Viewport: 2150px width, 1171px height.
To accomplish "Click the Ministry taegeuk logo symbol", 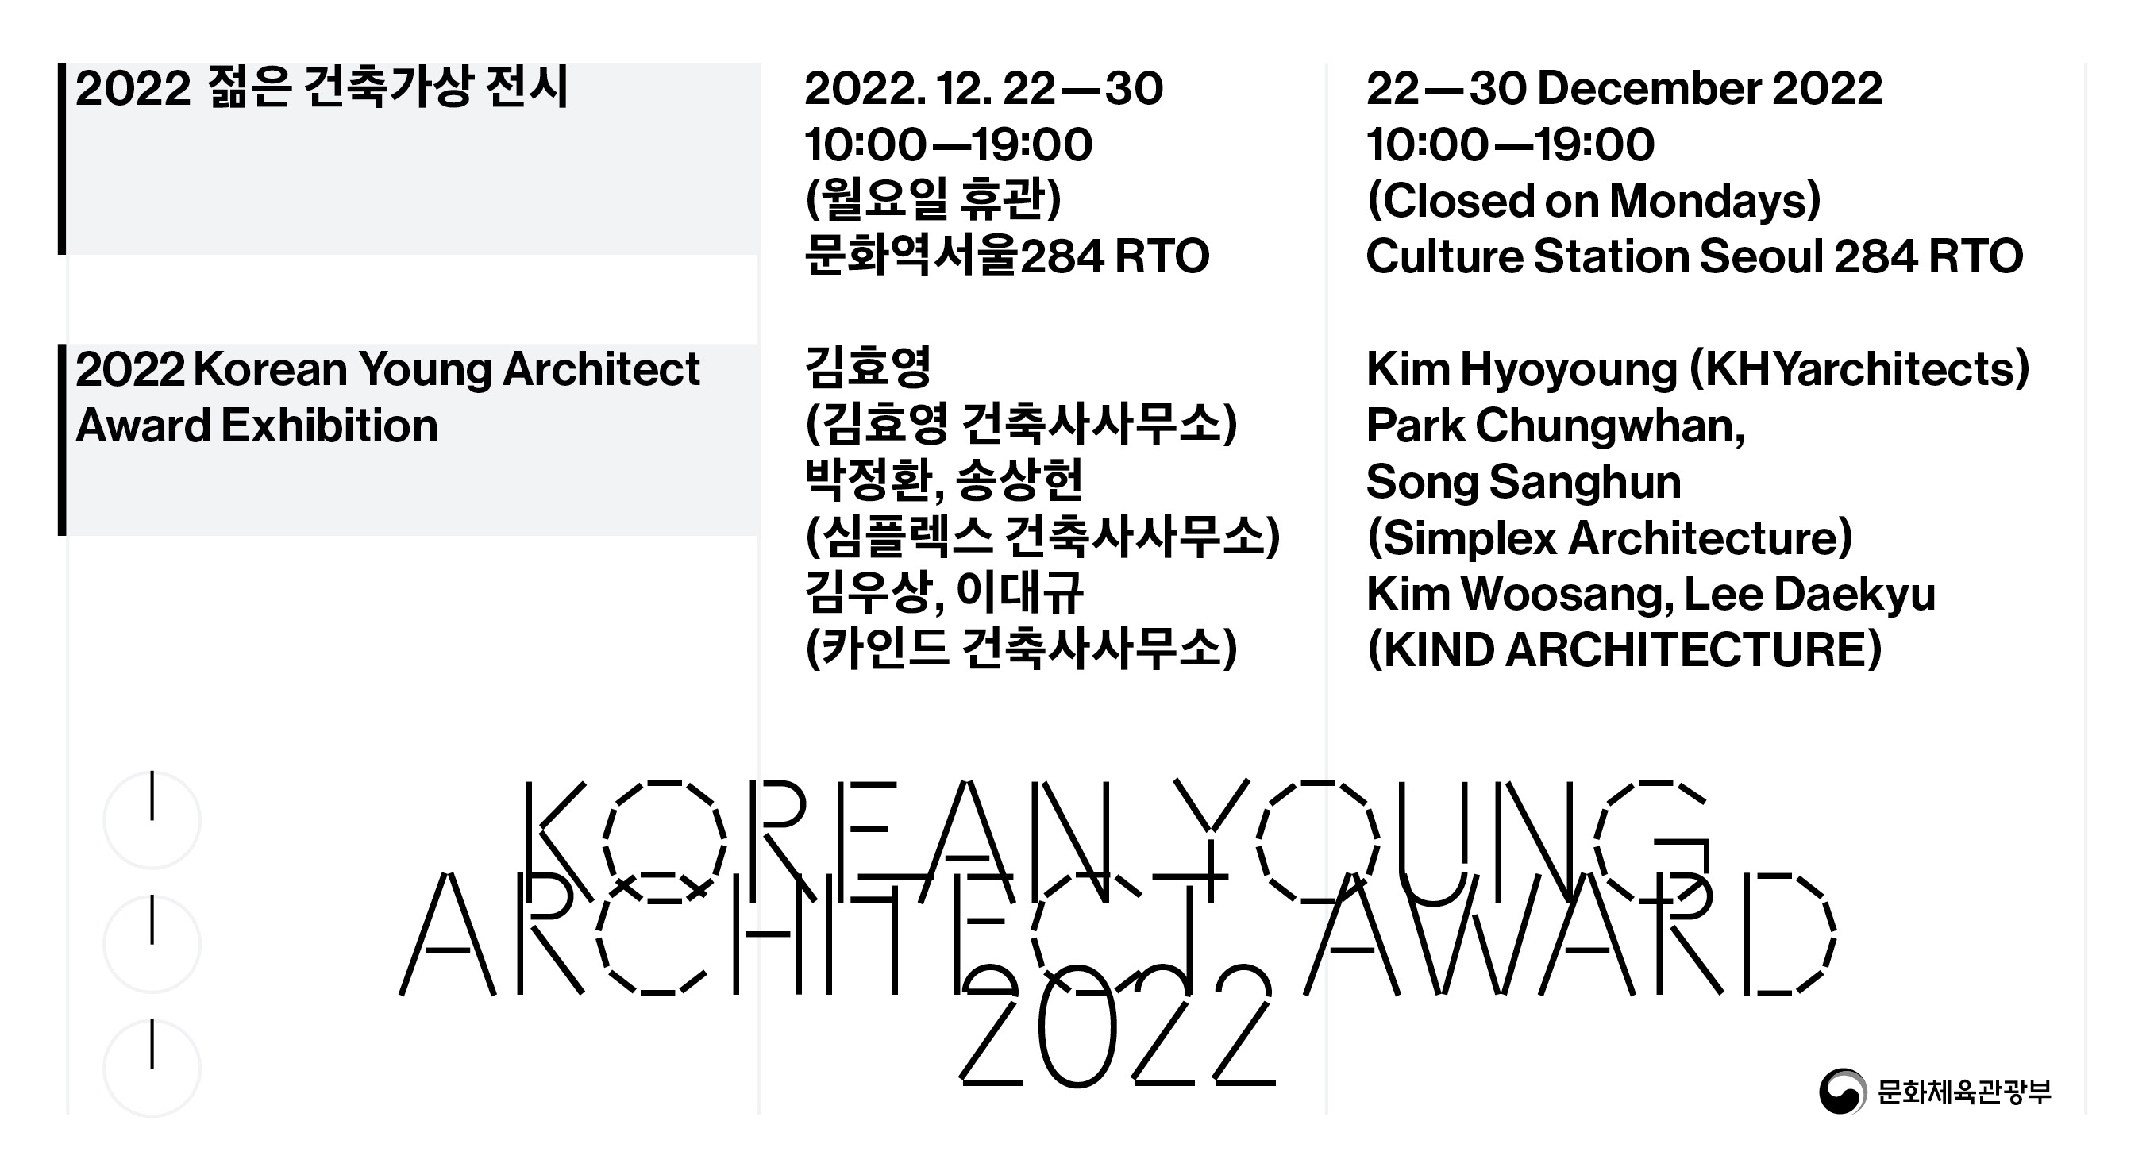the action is tap(1842, 1091).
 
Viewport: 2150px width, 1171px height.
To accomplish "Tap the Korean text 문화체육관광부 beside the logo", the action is tap(1964, 1092).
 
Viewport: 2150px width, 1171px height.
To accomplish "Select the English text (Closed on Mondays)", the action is tap(1593, 201).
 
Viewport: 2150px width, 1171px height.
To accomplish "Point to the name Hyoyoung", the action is tap(1568, 371).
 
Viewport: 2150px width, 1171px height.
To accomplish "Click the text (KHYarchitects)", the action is tap(1859, 370).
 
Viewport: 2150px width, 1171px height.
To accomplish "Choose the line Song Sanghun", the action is tap(1524, 482).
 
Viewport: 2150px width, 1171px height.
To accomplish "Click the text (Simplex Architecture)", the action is tap(1609, 538).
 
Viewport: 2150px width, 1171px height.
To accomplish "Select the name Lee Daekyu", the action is tap(1809, 595).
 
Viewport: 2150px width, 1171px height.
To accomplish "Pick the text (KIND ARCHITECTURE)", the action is tap(1624, 650).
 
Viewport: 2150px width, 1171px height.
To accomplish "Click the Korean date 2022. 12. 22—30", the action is tap(983, 88).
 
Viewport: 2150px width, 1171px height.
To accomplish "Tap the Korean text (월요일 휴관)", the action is tap(933, 200).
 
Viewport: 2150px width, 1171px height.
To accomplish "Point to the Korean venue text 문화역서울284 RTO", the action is tap(1007, 256).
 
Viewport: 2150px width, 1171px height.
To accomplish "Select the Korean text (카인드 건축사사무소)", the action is tap(1021, 649).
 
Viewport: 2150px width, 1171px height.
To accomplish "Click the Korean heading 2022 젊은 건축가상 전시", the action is tap(322, 87).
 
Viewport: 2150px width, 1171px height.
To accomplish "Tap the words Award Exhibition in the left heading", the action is tap(256, 426).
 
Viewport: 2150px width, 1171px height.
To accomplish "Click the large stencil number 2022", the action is tap(1116, 1026).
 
